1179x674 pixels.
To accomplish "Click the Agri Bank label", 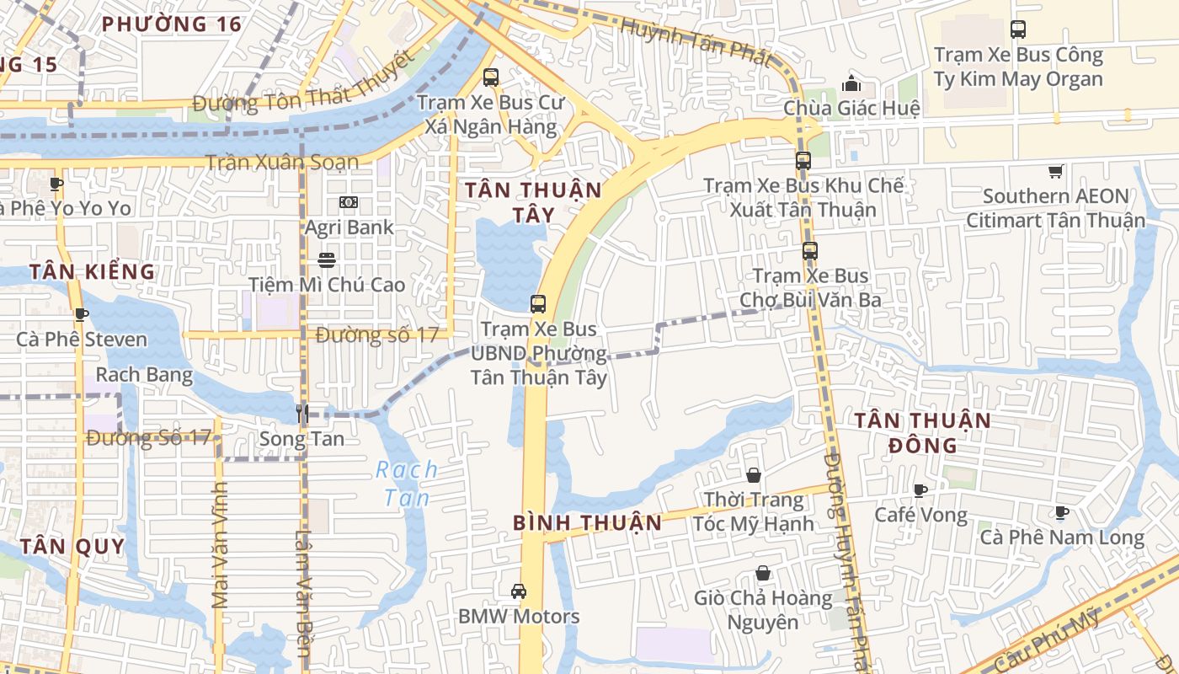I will point(349,227).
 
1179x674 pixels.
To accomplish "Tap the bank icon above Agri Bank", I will point(349,202).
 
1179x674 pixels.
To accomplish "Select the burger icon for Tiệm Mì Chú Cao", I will point(327,260).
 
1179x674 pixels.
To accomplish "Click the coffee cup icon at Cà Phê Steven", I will point(82,315).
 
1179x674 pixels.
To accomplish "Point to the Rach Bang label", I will point(144,374).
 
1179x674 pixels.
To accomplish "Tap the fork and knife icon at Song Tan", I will point(301,413).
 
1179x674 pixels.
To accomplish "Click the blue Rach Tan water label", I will point(407,484).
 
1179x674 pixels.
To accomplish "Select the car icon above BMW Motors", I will point(519,591).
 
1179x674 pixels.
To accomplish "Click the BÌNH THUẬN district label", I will point(587,522).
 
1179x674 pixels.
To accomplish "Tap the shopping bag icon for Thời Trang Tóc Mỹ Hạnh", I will point(754,476).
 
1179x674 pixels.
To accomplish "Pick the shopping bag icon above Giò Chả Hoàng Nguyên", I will point(763,574).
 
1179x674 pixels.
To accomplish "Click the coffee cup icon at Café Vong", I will point(920,490).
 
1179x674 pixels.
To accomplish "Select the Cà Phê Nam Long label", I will point(1062,537).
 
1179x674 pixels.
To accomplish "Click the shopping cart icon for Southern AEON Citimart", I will point(1055,172).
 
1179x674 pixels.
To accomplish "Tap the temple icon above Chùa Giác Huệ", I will point(851,84).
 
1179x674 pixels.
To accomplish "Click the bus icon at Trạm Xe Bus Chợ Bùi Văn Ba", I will point(809,250).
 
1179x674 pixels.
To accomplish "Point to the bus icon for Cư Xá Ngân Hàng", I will point(491,78).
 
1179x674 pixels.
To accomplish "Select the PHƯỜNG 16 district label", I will point(172,24).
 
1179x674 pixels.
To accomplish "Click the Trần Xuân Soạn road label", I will point(281,162).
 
